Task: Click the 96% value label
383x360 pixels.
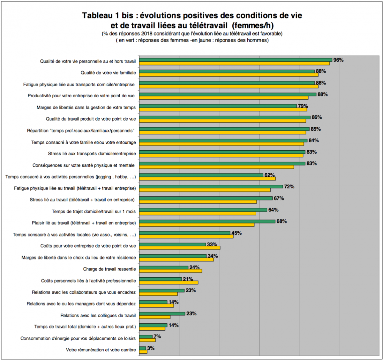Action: pos(338,60)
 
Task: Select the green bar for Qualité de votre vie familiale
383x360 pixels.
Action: pos(227,71)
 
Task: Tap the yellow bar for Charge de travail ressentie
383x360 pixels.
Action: pos(170,271)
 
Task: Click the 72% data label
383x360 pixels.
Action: pos(289,187)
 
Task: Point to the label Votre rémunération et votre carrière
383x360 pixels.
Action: pos(101,350)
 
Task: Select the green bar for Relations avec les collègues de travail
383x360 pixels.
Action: pos(162,314)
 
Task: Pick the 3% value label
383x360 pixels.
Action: pos(151,348)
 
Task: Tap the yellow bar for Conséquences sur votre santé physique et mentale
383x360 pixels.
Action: pos(216,167)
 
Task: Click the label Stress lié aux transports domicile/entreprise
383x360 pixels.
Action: pos(92,154)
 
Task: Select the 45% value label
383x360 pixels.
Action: pos(237,233)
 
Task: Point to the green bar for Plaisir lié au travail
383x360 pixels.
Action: pos(207,221)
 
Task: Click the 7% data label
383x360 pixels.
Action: pos(157,337)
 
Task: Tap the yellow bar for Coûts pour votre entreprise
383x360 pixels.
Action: pos(180,248)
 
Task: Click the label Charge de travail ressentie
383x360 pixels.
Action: pos(109,269)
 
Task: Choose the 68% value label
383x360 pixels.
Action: pos(282,221)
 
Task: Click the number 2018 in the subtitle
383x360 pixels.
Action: pos(147,34)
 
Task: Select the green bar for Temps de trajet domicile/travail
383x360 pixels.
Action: pos(203,210)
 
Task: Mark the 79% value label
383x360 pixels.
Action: pos(303,106)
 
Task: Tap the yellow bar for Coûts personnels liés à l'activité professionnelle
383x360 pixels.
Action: pos(169,282)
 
